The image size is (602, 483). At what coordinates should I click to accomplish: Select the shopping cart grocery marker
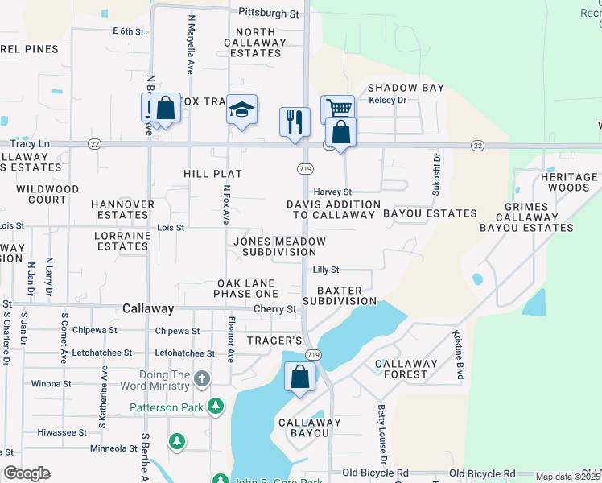click(339, 108)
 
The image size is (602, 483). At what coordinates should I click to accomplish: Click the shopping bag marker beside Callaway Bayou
click(299, 377)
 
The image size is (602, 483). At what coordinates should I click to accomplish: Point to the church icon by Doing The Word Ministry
click(201, 378)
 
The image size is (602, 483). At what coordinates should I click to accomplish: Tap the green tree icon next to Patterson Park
click(215, 407)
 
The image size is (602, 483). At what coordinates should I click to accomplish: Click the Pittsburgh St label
click(269, 14)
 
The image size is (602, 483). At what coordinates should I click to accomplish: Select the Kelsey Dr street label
click(387, 101)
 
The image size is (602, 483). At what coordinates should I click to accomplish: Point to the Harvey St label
click(332, 192)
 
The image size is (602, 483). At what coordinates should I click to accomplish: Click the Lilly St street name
click(326, 270)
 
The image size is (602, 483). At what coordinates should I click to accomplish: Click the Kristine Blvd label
click(460, 349)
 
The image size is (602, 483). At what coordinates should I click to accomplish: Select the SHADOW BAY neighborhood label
click(405, 87)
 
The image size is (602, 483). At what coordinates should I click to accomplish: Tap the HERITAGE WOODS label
click(569, 182)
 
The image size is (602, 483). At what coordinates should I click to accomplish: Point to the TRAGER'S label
click(274, 341)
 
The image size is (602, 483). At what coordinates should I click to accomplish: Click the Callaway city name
click(148, 308)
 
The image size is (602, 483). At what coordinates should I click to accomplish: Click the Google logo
click(27, 473)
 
